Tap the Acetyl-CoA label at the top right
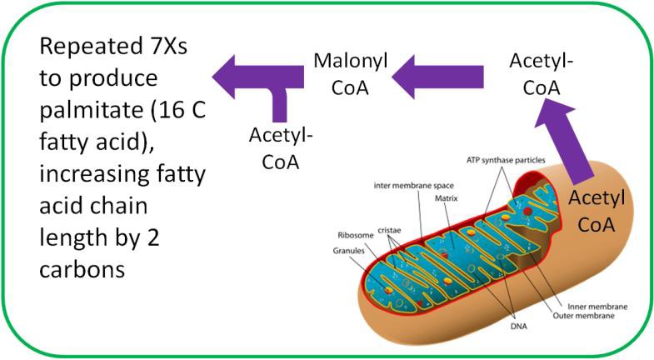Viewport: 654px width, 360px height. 542,72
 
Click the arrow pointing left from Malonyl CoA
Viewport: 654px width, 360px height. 254,77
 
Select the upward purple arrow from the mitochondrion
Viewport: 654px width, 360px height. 567,137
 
